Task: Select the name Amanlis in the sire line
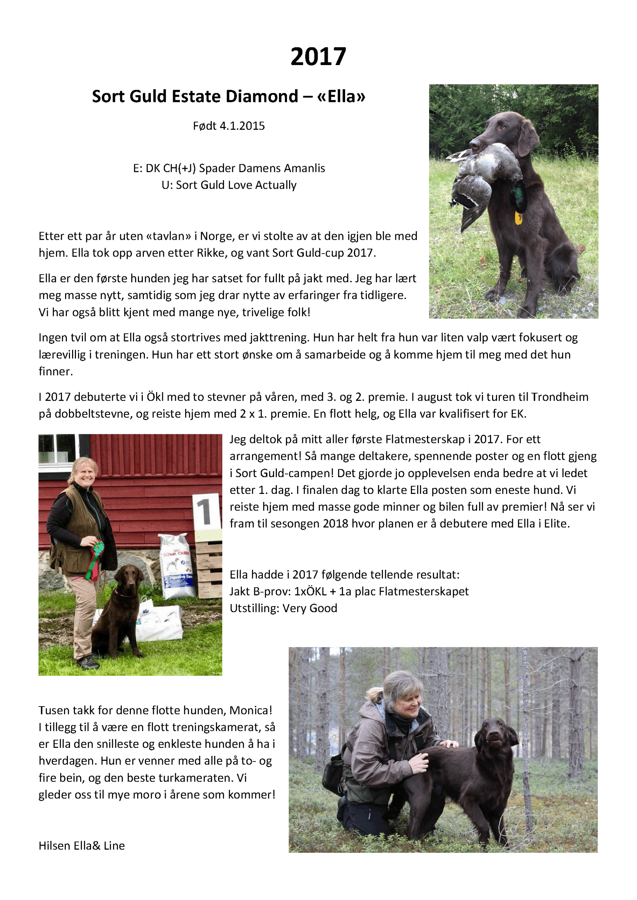coord(304,168)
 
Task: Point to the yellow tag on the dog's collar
coord(518,218)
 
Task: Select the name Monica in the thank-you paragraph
coord(250,710)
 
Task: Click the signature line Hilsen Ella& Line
coord(82,846)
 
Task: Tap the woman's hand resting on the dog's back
coord(449,743)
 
